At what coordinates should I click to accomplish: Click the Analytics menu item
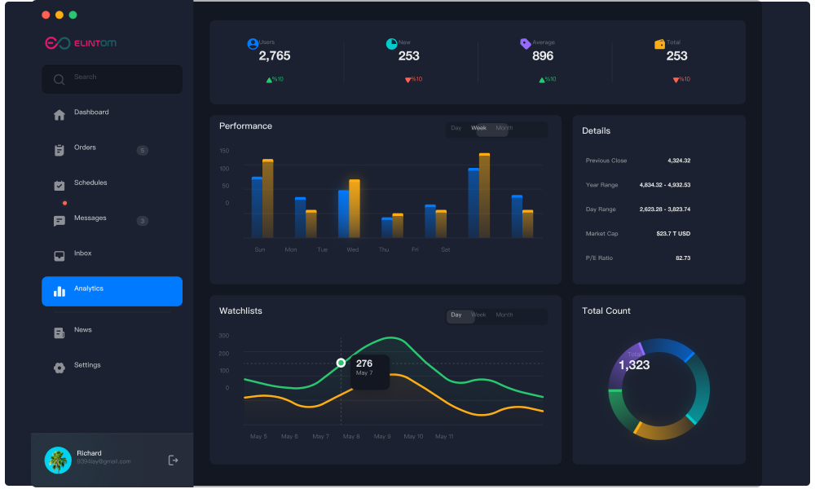click(x=112, y=291)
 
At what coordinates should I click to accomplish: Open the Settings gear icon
click(x=59, y=368)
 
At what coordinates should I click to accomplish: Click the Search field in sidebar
click(x=112, y=79)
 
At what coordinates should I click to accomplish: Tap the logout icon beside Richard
click(x=173, y=460)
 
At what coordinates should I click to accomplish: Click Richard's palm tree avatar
click(x=58, y=460)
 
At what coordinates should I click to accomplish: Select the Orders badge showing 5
click(x=143, y=150)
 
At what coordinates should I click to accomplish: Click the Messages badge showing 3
click(x=143, y=221)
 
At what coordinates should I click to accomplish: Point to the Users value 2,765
click(x=275, y=56)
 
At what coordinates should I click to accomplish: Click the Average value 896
click(x=543, y=56)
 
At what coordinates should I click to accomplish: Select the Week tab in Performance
click(x=479, y=128)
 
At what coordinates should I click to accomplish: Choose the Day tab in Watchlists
click(x=456, y=315)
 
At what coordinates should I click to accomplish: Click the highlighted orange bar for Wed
click(x=354, y=209)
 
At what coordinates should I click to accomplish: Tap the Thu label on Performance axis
click(x=384, y=249)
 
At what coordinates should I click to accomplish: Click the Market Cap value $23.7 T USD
click(x=673, y=234)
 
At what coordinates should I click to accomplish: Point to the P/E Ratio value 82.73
click(x=682, y=258)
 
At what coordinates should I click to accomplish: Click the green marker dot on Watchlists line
click(x=341, y=363)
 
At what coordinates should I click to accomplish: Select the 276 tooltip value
click(x=364, y=363)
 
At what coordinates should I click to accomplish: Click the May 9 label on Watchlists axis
click(x=382, y=437)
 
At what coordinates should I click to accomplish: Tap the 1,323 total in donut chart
click(x=634, y=365)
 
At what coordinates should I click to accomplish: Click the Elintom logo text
click(x=95, y=43)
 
